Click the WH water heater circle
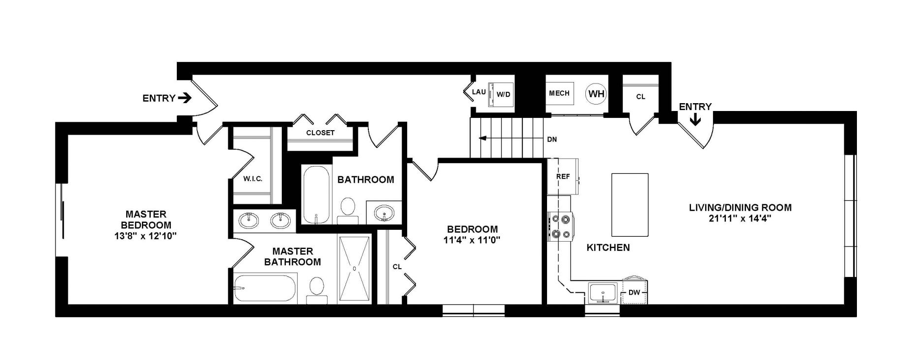[x=596, y=93]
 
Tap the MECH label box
[x=559, y=93]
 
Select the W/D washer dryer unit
[x=501, y=94]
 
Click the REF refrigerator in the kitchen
[x=562, y=176]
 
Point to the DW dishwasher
[x=634, y=293]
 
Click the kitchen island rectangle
[x=630, y=204]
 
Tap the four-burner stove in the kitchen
[x=560, y=226]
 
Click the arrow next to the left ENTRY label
[x=185, y=98]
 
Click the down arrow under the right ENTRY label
[x=695, y=120]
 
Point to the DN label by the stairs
[x=552, y=139]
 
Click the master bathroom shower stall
[x=354, y=269]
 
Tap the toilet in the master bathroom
[x=317, y=289]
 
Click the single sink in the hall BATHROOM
[x=384, y=214]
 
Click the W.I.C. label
[x=252, y=179]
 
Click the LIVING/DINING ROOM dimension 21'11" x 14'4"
[x=740, y=219]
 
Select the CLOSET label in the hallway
[x=320, y=133]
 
